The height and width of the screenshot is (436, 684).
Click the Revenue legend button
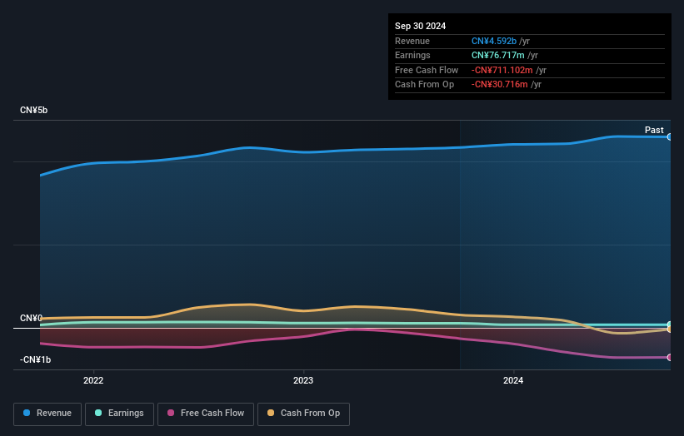click(x=47, y=413)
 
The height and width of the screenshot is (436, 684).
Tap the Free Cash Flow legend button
click(x=205, y=413)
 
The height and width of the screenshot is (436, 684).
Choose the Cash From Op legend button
click(x=303, y=413)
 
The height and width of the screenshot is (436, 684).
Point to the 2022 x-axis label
click(x=93, y=381)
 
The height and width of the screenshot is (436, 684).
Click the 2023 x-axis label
click(x=303, y=381)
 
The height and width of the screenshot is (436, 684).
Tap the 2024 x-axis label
click(x=513, y=381)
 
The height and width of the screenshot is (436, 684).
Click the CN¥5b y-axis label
click(x=34, y=111)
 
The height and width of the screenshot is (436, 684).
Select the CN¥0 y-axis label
click(x=31, y=319)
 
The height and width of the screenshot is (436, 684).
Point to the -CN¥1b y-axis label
click(x=36, y=359)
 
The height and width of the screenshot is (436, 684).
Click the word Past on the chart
click(x=654, y=130)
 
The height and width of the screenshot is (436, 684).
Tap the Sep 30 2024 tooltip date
click(x=420, y=26)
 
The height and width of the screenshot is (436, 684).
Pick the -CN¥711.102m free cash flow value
click(x=502, y=70)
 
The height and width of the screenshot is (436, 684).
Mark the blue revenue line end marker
click(x=669, y=136)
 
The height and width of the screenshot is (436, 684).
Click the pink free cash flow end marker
click(x=669, y=357)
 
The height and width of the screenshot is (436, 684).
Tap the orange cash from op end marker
click(x=669, y=329)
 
